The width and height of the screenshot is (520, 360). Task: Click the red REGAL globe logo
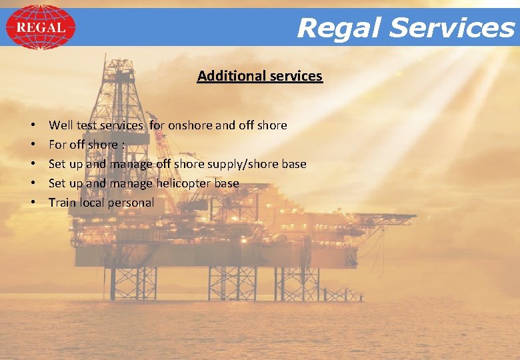pos(40,27)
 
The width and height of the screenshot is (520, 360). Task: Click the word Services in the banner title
pos(453,28)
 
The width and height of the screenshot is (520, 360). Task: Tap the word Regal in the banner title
pos(339,28)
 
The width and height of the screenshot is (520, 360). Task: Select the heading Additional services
pos(259,76)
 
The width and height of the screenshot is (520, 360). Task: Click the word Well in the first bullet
pos(61,125)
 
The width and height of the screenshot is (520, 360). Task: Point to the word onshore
pos(191,125)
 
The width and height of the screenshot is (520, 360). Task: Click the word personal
pos(131,202)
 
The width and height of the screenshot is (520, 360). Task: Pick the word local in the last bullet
pos(92,202)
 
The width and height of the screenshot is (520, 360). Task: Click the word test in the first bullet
pos(87,125)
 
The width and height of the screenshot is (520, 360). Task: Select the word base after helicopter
pos(227,183)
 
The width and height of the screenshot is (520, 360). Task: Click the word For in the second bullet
pos(57,144)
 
